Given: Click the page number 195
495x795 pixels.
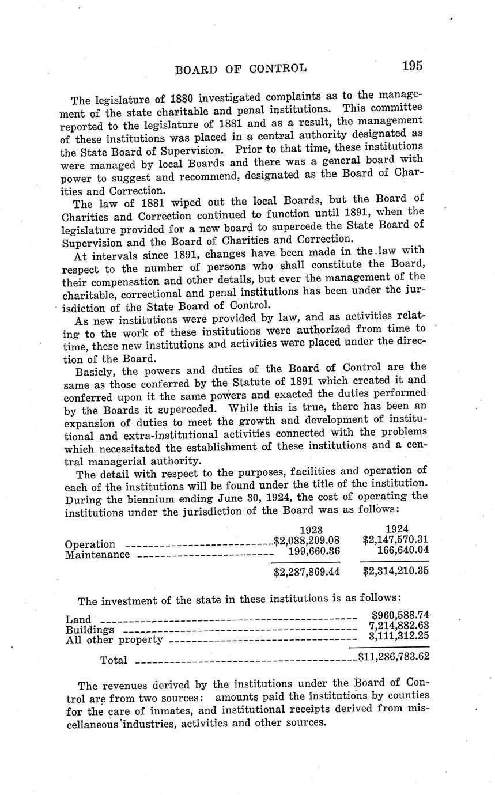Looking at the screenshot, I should [413, 66].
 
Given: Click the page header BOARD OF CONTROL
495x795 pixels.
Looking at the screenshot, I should [241, 70].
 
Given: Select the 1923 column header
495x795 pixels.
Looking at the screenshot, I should [311, 530].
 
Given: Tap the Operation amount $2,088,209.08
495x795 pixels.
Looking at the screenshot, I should [307, 541].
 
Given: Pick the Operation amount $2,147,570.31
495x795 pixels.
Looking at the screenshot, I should [395, 540].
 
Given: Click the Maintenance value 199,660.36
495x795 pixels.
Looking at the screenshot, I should [313, 551].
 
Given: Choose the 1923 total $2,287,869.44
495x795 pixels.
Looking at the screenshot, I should [307, 572].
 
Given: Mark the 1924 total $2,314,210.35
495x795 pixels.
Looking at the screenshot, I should [395, 571].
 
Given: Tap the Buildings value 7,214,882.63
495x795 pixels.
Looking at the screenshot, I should [398, 626].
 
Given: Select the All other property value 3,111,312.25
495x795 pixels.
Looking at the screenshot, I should [398, 637].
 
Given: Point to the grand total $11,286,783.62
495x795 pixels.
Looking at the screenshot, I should [394, 656].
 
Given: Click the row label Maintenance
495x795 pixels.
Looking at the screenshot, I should [97, 555].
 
